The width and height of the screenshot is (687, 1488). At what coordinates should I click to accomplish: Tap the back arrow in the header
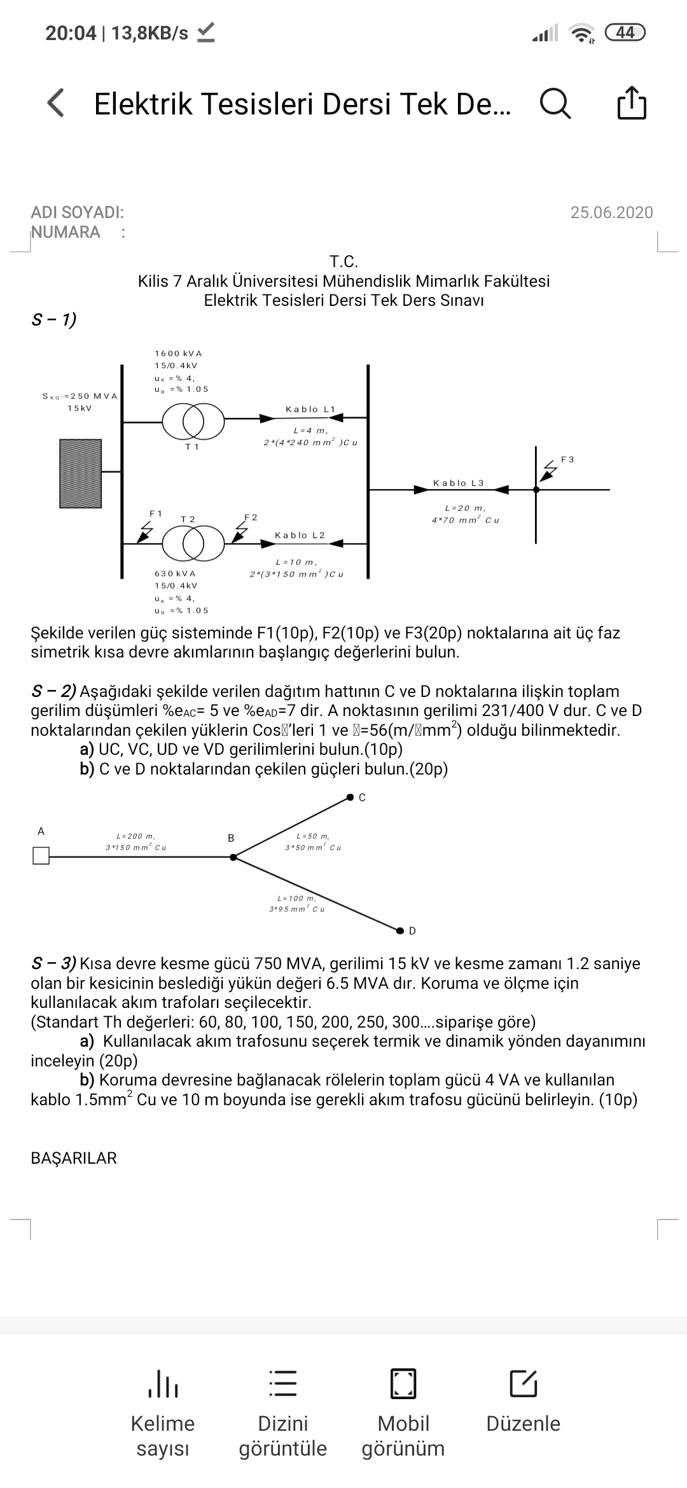[56, 103]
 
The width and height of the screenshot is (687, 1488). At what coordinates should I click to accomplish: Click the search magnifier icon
[555, 104]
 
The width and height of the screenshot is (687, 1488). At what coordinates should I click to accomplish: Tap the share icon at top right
[632, 102]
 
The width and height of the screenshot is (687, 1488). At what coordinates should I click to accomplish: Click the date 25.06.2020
[611, 212]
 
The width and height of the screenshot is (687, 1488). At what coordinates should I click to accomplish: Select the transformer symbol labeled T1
[193, 419]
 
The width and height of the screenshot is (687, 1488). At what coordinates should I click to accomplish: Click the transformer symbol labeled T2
[193, 544]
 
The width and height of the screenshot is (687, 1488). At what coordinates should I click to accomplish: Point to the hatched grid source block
[80, 473]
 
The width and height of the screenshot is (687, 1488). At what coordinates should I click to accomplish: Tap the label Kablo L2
[300, 535]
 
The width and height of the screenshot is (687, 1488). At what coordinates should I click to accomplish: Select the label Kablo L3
[458, 483]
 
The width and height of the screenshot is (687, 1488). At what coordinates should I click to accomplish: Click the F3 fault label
[567, 459]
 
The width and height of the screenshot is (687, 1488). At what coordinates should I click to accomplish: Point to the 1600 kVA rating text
[178, 354]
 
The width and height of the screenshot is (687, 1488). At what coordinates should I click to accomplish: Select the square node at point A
[41, 857]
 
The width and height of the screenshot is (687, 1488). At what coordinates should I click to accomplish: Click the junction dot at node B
[233, 857]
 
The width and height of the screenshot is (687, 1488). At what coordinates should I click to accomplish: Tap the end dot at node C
[350, 797]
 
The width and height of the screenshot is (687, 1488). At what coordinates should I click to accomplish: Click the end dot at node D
[399, 931]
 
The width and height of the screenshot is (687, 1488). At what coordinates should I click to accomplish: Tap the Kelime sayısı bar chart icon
[163, 1383]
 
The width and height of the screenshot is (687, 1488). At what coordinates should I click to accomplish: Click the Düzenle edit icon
[524, 1383]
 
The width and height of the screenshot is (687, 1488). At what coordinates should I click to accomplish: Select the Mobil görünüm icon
[403, 1383]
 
